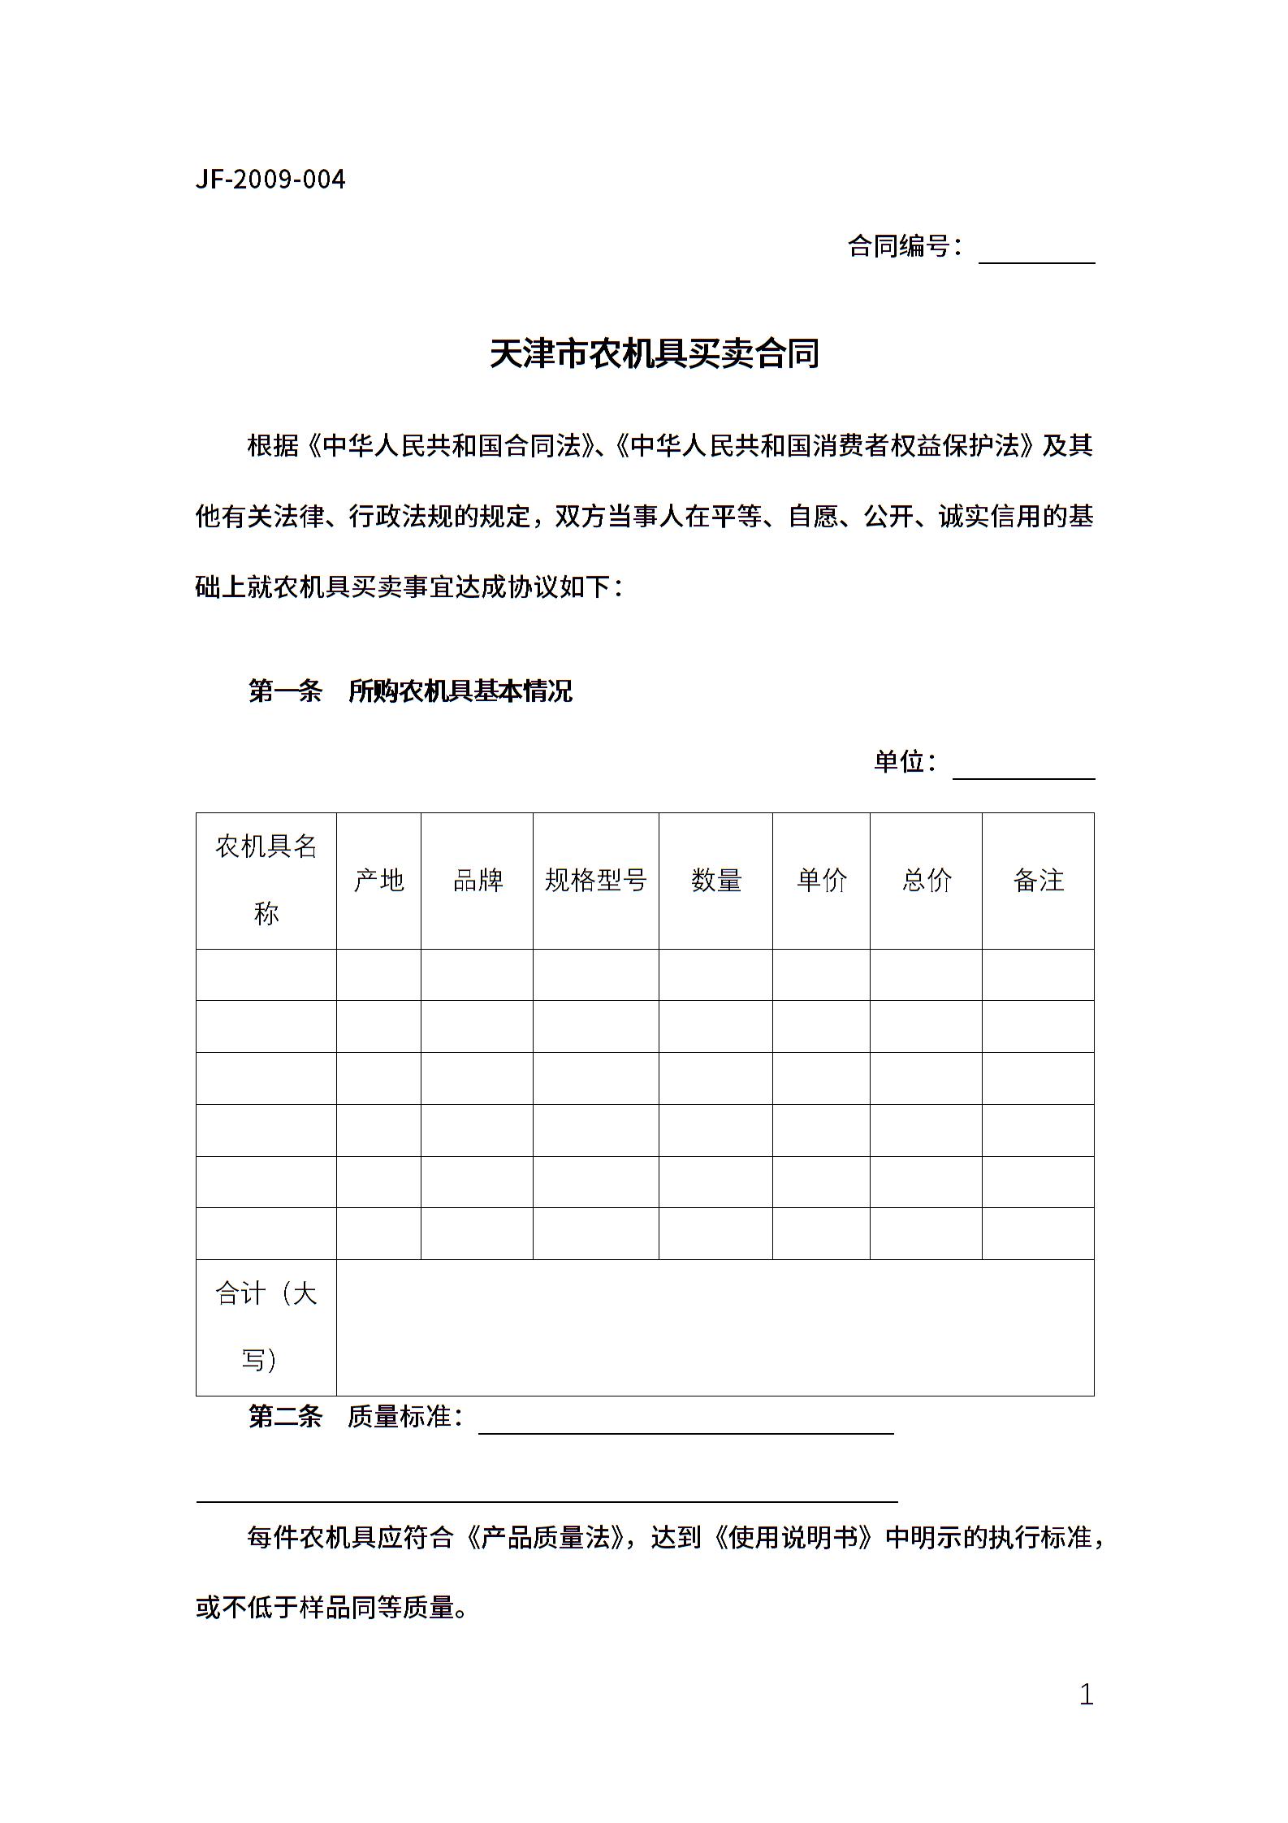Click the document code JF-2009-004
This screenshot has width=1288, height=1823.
pyautogui.click(x=270, y=180)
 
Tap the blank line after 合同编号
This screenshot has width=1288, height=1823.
pyautogui.click(x=1036, y=253)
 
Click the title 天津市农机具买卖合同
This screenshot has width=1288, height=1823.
pyautogui.click(x=655, y=354)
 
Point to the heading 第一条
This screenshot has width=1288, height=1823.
pyautogui.click(x=285, y=691)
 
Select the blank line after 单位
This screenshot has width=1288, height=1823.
pyautogui.click(x=1023, y=769)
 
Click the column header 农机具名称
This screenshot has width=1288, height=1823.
pyautogui.click(x=266, y=881)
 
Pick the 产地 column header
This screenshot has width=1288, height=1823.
pyautogui.click(x=378, y=881)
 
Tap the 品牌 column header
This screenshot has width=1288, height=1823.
pyautogui.click(x=478, y=881)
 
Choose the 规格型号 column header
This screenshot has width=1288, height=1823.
pyautogui.click(x=595, y=881)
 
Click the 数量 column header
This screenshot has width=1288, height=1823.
pyautogui.click(x=715, y=881)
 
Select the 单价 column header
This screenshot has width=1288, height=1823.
pyautogui.click(x=821, y=881)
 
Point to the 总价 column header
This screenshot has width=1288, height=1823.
pyautogui.click(x=926, y=881)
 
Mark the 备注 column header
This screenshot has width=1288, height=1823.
pyautogui.click(x=1038, y=881)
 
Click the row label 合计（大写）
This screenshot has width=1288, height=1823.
pyautogui.click(x=266, y=1327)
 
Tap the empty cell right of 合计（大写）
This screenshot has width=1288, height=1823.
pyautogui.click(x=715, y=1327)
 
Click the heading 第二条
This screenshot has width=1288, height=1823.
pyautogui.click(x=285, y=1417)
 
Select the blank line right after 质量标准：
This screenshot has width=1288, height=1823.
pyautogui.click(x=686, y=1423)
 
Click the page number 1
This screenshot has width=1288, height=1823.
pyautogui.click(x=1086, y=1695)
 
